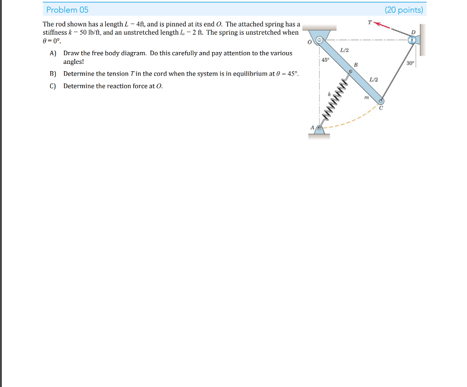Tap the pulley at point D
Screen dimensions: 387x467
(x=412, y=40)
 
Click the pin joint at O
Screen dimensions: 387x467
(x=320, y=40)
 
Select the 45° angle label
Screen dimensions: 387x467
(x=325, y=60)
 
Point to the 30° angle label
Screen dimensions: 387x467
(x=410, y=63)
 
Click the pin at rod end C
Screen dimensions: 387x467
(x=381, y=101)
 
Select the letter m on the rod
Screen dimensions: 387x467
(x=366, y=97)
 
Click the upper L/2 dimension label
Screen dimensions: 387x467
(x=344, y=50)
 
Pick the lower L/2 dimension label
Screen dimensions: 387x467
(x=374, y=80)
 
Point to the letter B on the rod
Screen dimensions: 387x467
(x=356, y=65)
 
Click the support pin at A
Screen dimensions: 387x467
(x=320, y=129)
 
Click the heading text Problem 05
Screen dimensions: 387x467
(x=67, y=10)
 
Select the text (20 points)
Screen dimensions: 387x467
(x=404, y=10)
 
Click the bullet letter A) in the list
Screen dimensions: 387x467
(x=53, y=53)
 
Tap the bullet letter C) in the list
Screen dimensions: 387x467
(x=53, y=86)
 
